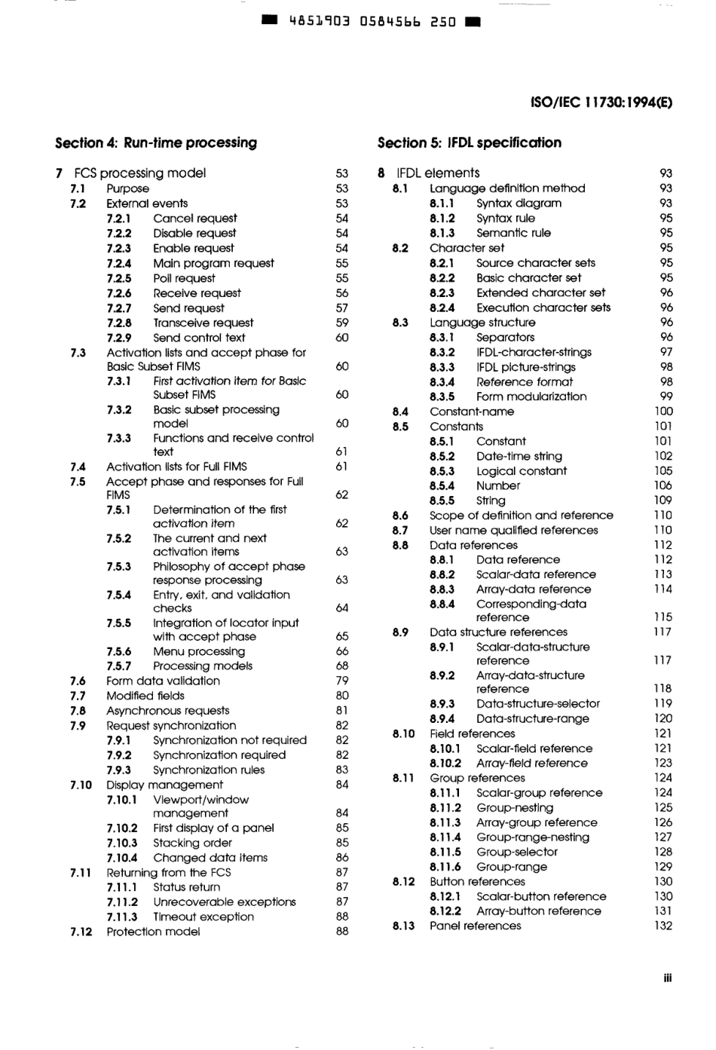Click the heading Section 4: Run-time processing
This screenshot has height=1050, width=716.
click(156, 142)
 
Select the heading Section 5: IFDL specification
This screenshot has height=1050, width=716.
click(469, 142)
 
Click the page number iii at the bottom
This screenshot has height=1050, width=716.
click(667, 978)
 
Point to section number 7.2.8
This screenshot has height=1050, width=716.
click(118, 323)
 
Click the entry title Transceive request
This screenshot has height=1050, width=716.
click(203, 323)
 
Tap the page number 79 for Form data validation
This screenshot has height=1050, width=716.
click(342, 681)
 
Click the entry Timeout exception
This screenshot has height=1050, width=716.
click(203, 917)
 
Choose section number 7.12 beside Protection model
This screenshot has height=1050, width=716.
click(81, 932)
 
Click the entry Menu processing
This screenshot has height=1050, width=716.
click(199, 651)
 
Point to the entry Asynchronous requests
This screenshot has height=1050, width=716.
click(167, 711)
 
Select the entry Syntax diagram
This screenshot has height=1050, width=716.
click(519, 204)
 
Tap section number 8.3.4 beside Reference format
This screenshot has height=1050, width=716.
click(442, 382)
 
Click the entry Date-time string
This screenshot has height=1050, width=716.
click(519, 456)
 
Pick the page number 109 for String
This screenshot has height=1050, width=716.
click(662, 501)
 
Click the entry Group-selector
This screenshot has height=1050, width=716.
click(517, 852)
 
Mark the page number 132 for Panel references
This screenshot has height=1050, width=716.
click(662, 926)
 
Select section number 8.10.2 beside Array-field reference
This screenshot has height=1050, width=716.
click(445, 763)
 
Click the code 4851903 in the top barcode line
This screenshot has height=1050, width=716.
click(320, 21)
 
